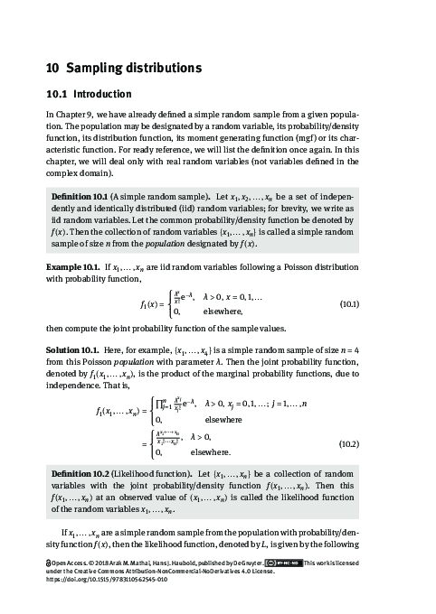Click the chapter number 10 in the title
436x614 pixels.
[52, 69]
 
